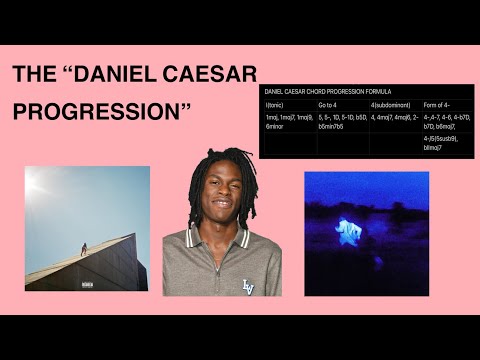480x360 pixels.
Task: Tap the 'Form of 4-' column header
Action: click(x=438, y=104)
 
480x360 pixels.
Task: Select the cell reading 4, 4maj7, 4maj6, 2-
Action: click(x=393, y=117)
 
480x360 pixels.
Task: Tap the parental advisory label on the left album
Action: click(x=86, y=284)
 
